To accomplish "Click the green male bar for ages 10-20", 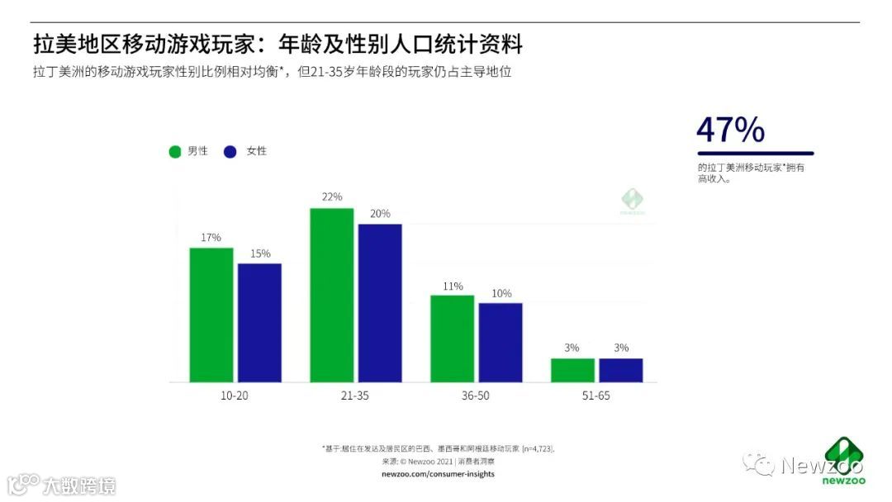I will pos(211,315).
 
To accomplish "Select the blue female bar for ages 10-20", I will pos(259,323).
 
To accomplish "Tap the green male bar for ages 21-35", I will pos(332,295).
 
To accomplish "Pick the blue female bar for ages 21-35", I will pos(380,303).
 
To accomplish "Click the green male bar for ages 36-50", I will pos(453,339).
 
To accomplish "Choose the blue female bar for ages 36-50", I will pos(501,343).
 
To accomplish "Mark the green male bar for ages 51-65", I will pos(572,370).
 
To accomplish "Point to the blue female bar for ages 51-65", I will pos(621,370).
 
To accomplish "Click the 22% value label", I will pos(332,197).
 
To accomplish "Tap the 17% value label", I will pos(211,237).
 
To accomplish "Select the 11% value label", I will pos(453,286).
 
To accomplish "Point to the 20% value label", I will pos(380,213).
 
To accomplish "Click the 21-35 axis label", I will pos(355,395).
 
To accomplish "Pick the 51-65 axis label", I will pos(596,395).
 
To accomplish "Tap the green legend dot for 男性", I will pos(175,151).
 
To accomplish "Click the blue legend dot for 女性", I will pos(230,151).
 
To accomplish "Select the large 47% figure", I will pos(730,130).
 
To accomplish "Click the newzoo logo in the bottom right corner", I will pos(844,459).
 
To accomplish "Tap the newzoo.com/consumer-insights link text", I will pos(438,474).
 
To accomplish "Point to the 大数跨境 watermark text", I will pos(80,485).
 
